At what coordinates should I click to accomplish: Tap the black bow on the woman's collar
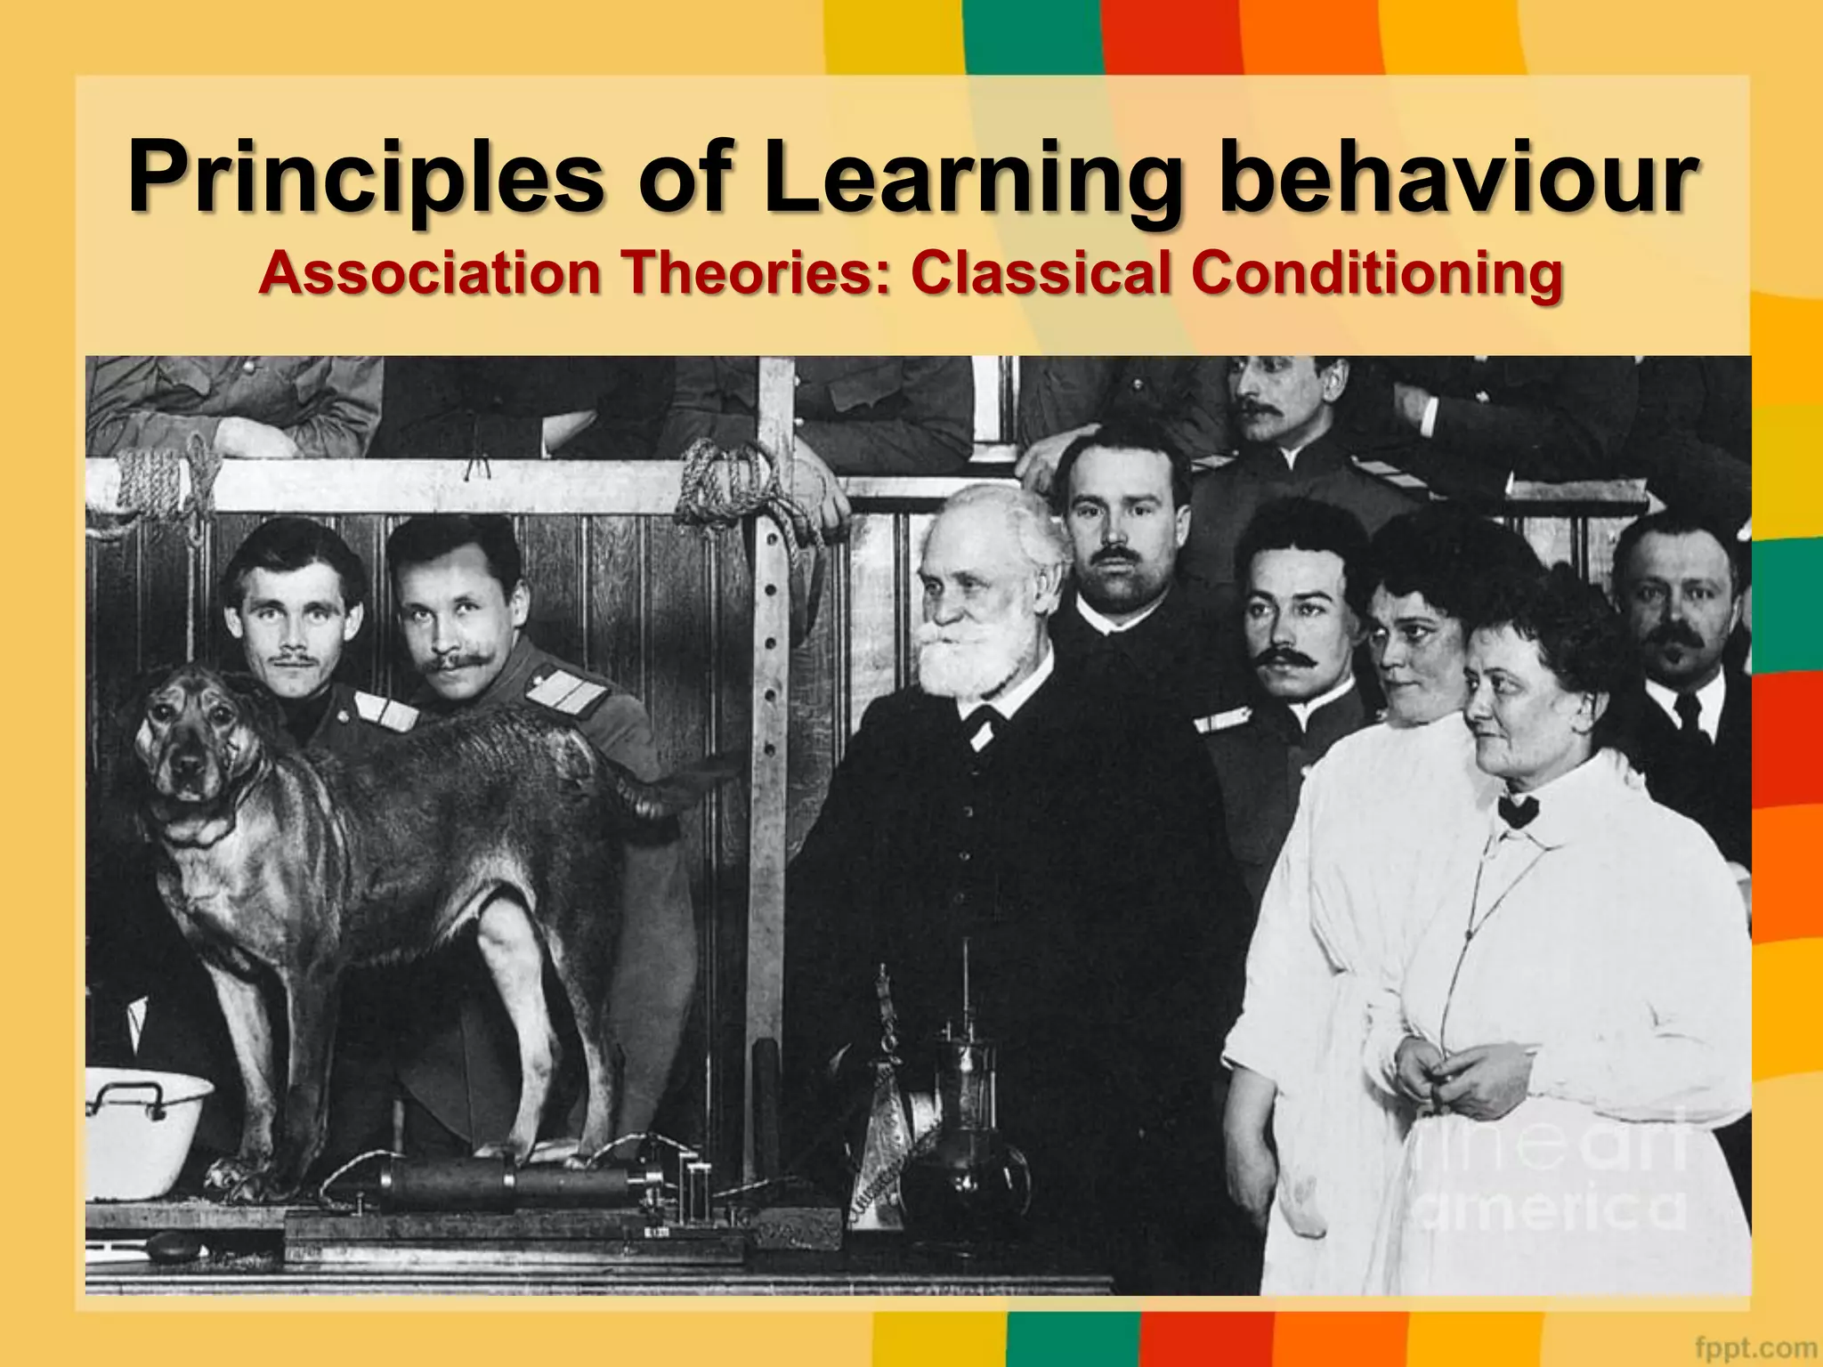[x=1517, y=810]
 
